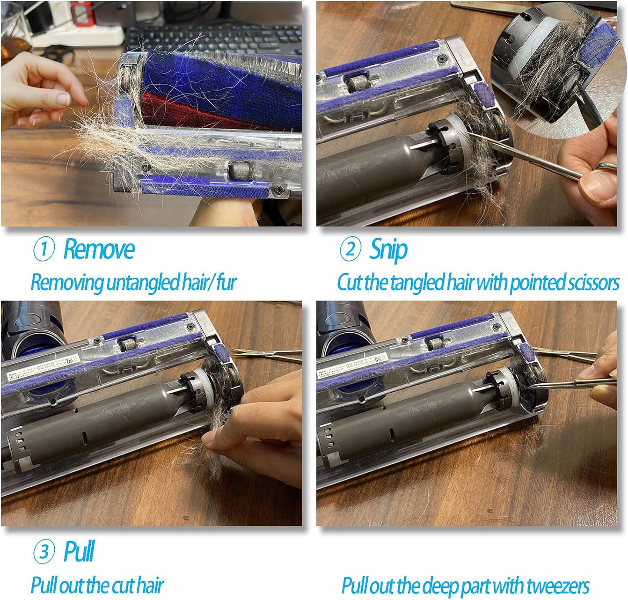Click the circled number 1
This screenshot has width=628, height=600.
44,249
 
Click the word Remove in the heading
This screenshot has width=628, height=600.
99,249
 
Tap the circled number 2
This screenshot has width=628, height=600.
350,249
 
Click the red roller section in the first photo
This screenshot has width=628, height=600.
183,111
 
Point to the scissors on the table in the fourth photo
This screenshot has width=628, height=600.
565,354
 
